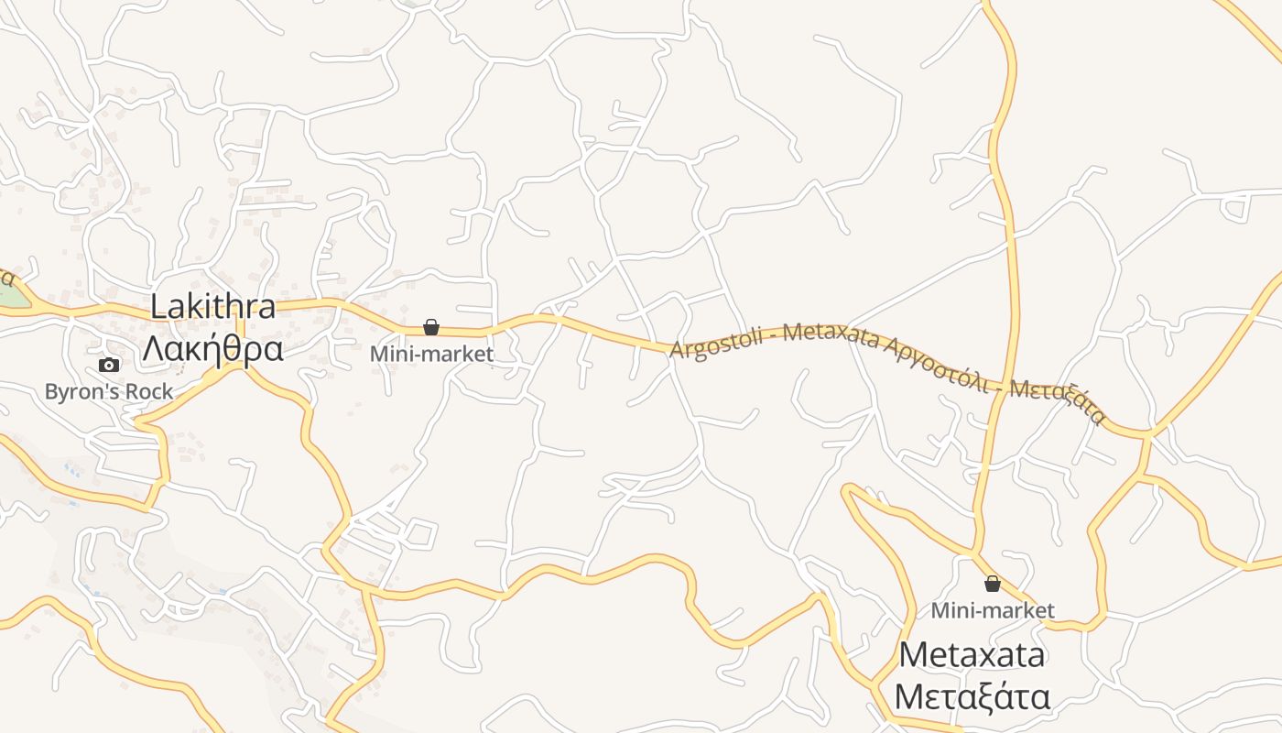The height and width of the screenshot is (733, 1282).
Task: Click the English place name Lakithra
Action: [212, 306]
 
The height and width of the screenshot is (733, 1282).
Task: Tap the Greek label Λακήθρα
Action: [212, 349]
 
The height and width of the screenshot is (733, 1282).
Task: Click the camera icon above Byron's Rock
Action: [109, 365]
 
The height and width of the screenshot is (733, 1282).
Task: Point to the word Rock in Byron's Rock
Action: [150, 392]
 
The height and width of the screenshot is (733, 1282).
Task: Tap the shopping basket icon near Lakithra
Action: [431, 327]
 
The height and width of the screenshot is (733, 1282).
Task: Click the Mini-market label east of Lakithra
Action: [431, 354]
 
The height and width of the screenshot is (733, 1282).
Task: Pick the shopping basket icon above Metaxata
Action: [992, 584]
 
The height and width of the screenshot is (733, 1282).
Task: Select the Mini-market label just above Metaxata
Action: [993, 610]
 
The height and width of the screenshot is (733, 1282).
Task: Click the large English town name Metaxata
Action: [972, 655]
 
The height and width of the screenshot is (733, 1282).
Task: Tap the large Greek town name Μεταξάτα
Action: [972, 697]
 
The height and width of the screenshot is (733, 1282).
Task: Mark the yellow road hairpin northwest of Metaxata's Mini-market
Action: [848, 490]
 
